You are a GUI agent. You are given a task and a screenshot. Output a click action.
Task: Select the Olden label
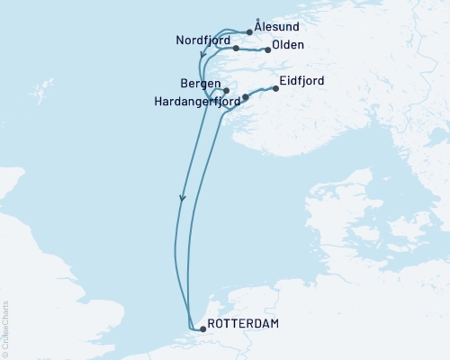pyautogui.click(x=288, y=45)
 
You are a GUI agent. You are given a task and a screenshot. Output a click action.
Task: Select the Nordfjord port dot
pyautogui.click(x=236, y=49)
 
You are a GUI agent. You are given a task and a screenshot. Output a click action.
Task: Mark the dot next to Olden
pyautogui.click(x=266, y=50)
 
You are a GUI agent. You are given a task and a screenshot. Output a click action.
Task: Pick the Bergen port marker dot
pyautogui.click(x=226, y=91)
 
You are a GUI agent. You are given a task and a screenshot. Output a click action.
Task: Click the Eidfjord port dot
pyautogui.click(x=274, y=87)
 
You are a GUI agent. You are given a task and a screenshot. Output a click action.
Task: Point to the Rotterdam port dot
pyautogui.click(x=202, y=329)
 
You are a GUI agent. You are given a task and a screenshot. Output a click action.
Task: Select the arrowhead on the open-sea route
pyautogui.click(x=183, y=199)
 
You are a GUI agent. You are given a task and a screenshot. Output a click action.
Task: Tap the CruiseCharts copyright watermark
pyautogui.click(x=5, y=329)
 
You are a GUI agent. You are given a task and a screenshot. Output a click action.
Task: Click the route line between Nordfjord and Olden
pyautogui.click(x=251, y=50)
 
